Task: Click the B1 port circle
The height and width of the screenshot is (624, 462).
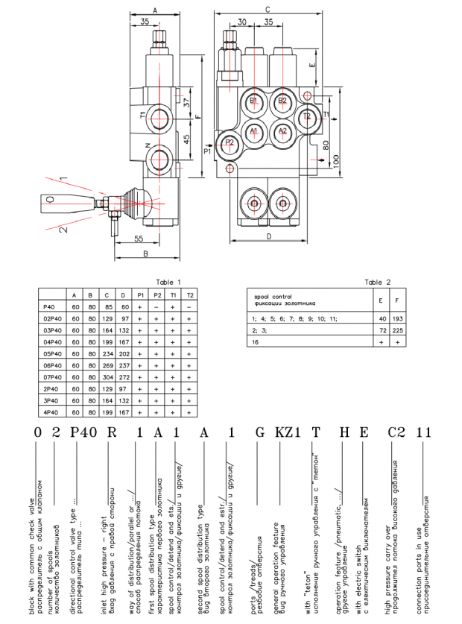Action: pos(253,101)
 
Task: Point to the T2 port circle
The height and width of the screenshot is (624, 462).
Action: pos(306,117)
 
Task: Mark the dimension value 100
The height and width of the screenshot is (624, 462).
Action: pos(336,159)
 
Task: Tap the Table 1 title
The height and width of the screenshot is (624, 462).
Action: pos(168,282)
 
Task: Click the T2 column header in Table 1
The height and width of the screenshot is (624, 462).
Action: pos(190,295)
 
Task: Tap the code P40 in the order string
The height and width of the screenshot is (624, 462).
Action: pos(83,432)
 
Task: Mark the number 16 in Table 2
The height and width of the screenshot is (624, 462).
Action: pos(256,341)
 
